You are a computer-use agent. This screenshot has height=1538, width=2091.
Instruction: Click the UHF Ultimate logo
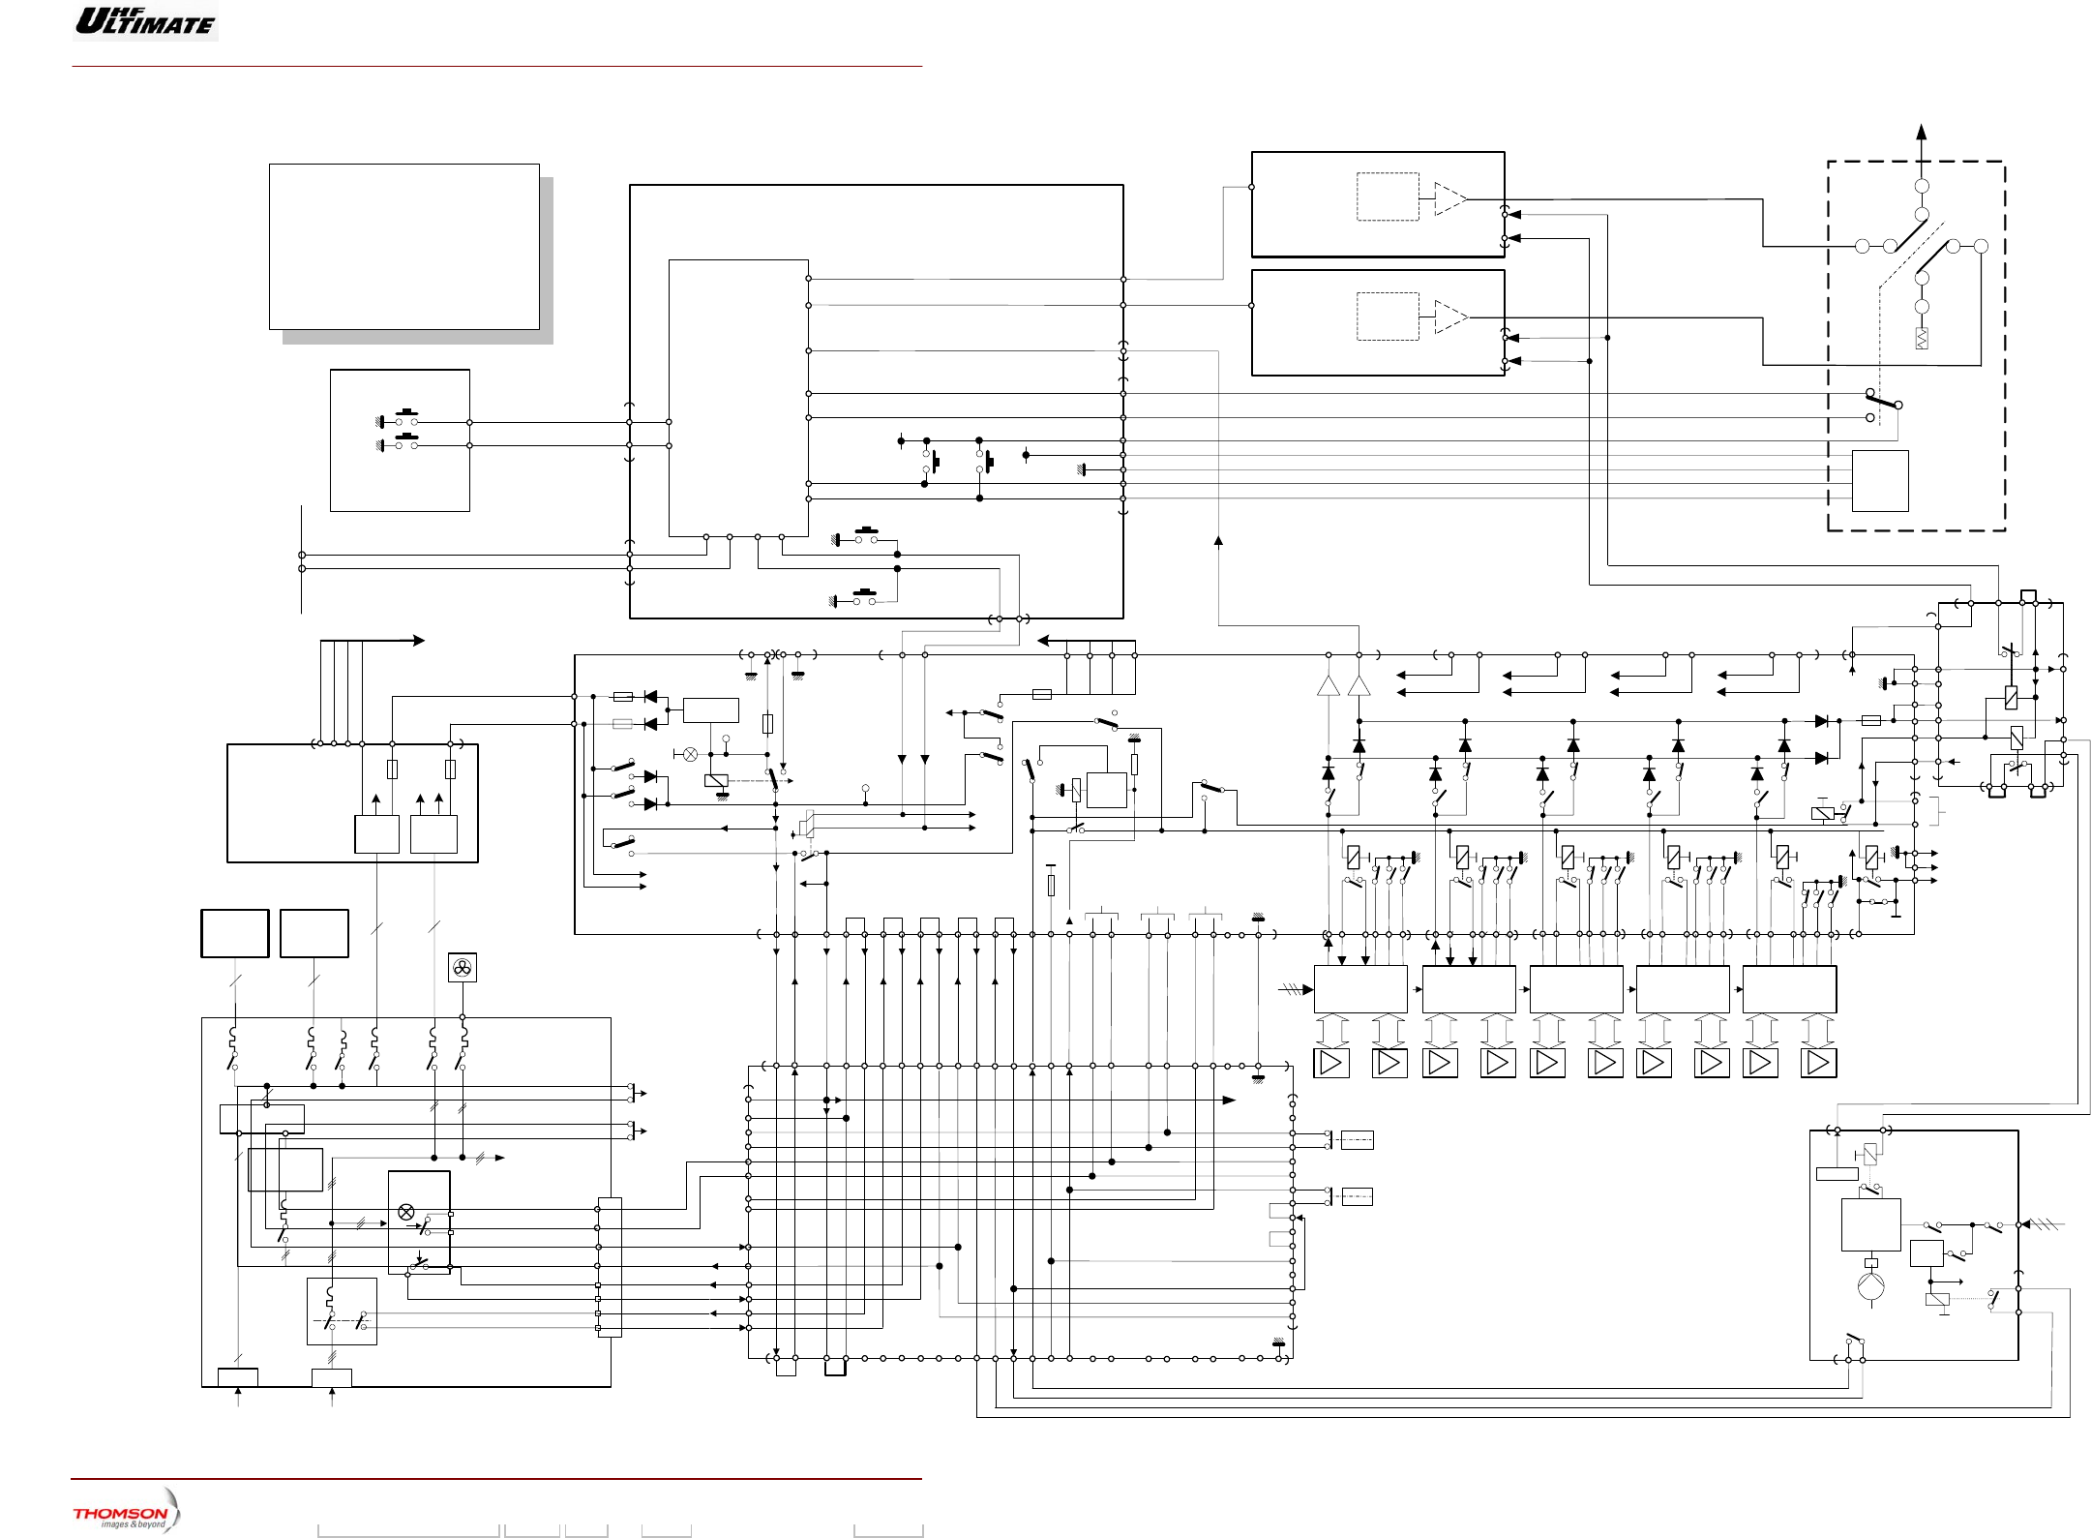click(x=145, y=21)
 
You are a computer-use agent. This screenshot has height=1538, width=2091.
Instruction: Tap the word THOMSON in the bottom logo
click(x=120, y=1513)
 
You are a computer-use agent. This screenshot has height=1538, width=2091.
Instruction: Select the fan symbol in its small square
click(x=463, y=967)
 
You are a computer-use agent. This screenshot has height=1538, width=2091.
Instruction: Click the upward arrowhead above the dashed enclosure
click(x=1922, y=133)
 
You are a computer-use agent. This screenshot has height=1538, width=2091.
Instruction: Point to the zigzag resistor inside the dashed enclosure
click(x=1922, y=338)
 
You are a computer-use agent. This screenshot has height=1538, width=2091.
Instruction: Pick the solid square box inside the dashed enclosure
click(x=1880, y=480)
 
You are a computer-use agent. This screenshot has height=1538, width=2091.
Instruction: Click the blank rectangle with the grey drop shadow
click(x=403, y=247)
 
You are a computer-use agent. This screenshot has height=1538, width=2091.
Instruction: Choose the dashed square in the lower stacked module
click(x=1388, y=317)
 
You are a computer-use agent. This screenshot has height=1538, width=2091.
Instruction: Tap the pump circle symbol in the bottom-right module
click(x=1870, y=1286)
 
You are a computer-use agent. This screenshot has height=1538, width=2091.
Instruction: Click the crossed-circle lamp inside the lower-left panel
click(x=406, y=1212)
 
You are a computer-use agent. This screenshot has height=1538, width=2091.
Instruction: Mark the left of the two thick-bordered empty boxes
click(x=234, y=933)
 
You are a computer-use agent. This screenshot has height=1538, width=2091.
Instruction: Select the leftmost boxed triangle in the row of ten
click(x=1331, y=1063)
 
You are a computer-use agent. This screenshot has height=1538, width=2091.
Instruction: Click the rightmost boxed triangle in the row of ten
click(x=1818, y=1063)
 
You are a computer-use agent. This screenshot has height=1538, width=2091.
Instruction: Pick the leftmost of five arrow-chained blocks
click(x=1360, y=989)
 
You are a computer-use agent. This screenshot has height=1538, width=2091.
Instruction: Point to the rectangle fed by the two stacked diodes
click(x=710, y=710)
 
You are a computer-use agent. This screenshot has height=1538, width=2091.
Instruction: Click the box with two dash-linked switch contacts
click(x=342, y=1312)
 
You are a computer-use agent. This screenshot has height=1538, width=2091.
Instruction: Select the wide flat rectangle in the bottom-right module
click(x=1837, y=1174)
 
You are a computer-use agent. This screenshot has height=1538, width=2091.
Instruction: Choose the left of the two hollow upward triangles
click(x=1329, y=685)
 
